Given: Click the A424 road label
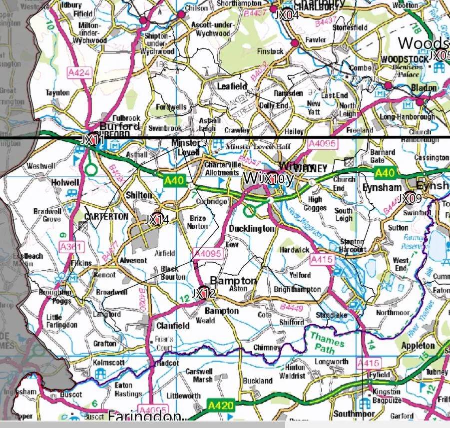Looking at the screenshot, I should pyautogui.click(x=79, y=73).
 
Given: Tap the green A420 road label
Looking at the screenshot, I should pyautogui.click(x=220, y=405).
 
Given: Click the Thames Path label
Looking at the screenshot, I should pyautogui.click(x=327, y=343).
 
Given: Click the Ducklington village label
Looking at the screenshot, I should pyautogui.click(x=252, y=228).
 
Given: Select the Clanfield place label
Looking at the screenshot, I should pyautogui.click(x=173, y=326).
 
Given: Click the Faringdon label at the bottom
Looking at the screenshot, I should pyautogui.click(x=144, y=416).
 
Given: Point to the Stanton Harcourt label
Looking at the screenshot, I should pyautogui.click(x=350, y=245).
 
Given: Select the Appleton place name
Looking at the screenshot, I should pyautogui.click(x=418, y=346).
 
